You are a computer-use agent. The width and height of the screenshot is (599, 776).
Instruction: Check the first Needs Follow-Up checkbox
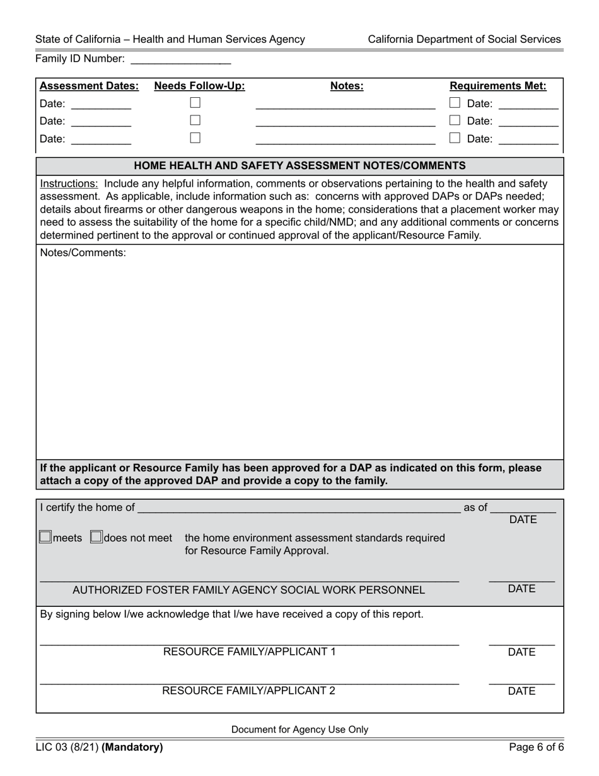pos(195,102)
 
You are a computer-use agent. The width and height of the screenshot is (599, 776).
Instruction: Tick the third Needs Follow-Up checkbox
pos(195,138)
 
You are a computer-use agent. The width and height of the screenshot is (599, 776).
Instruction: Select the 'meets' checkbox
pos(45,538)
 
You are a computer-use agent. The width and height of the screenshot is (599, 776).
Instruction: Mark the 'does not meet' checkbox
pos(96,538)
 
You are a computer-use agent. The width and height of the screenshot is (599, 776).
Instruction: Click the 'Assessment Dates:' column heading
pos(89,86)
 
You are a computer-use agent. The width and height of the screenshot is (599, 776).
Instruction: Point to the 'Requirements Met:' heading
pos(497,86)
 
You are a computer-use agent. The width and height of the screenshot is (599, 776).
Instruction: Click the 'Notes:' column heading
pos(347,86)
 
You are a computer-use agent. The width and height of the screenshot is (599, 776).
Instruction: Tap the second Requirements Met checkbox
pos(455,120)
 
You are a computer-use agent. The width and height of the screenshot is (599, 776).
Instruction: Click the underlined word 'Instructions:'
pos(69,184)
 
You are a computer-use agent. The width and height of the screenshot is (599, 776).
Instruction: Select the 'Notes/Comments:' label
pos(83,253)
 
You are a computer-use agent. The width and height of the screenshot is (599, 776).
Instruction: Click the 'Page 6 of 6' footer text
pos(537,748)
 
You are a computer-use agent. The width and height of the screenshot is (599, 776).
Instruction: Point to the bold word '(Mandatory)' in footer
pos(132,748)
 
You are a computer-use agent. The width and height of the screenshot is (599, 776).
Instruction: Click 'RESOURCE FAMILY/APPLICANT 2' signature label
pos(248,691)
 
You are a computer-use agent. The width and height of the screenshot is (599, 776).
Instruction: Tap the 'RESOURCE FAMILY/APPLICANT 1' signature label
pos(249,652)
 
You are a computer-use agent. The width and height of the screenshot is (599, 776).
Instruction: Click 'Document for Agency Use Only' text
pos(299,730)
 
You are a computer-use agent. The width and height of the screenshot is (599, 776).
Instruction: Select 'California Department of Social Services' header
pos(464,39)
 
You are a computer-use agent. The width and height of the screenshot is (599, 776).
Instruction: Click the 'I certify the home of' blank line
pos(298,509)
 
